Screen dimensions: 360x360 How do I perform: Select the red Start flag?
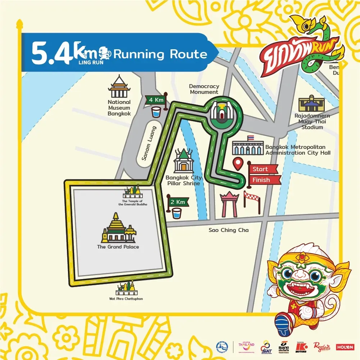pos(263,169)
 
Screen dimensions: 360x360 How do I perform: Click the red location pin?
pos(238,163)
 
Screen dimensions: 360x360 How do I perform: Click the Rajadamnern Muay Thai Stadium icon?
pos(311,104)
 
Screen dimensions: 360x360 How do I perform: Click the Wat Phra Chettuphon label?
pos(126,299)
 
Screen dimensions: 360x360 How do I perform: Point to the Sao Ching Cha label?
pos(228,230)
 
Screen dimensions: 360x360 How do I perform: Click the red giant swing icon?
pos(229,204)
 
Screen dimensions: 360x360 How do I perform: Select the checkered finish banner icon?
pos(252,202)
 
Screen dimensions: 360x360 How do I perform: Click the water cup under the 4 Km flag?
pos(156,111)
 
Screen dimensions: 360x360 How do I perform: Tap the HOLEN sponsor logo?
pos(345,347)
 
